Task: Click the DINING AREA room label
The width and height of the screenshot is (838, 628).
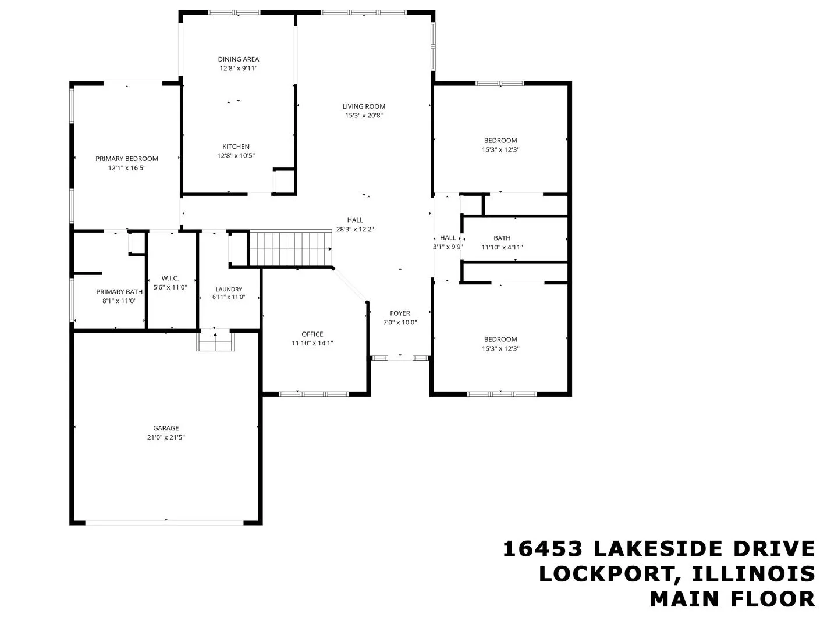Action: pos(238,59)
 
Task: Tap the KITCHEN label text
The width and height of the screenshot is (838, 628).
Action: pos(236,147)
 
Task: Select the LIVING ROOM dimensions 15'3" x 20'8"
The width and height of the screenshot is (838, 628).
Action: pos(364,116)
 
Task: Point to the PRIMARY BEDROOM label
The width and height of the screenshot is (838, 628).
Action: pos(127,159)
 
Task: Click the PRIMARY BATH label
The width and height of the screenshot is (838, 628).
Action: pos(119,292)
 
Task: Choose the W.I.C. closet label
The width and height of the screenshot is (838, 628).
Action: pos(171,279)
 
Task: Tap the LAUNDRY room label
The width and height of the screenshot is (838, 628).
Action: pos(229,289)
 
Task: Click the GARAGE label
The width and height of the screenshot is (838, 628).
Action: pos(166,428)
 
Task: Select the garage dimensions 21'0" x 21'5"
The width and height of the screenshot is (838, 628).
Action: pos(166,437)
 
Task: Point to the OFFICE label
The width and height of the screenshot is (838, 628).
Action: pos(313,334)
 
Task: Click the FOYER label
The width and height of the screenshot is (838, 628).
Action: pos(400,313)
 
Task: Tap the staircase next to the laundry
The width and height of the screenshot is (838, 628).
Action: pos(290,248)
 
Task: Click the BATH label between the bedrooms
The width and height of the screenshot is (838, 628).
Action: pos(502,238)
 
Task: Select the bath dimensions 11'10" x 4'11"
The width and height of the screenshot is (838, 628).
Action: pos(502,247)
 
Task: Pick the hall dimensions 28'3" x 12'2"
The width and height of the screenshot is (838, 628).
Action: pos(355,229)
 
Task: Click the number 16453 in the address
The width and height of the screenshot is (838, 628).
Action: pos(542,549)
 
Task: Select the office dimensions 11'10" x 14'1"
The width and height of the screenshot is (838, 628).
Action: pos(313,343)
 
